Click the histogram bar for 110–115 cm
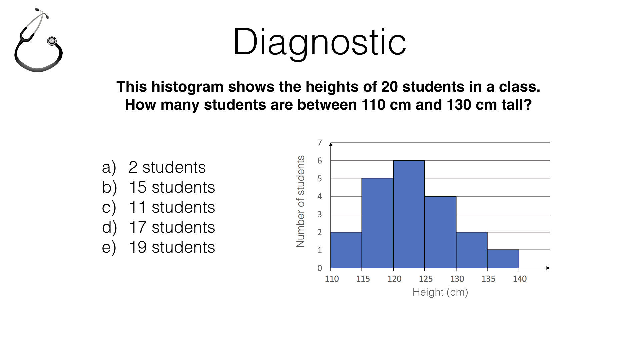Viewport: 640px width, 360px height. point(346,250)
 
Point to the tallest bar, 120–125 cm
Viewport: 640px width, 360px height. point(409,214)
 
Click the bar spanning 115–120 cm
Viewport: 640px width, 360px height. point(378,223)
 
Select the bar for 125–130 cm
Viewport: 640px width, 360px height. point(440,232)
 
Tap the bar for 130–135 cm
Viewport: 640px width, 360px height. point(472,250)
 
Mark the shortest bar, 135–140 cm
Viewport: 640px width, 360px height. point(503,259)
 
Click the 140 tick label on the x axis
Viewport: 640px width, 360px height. point(520,279)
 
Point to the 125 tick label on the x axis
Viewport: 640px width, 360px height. point(426,279)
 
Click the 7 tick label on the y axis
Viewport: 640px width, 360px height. point(320,143)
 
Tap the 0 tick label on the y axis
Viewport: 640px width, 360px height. point(320,268)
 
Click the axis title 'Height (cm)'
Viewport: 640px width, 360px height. point(440,292)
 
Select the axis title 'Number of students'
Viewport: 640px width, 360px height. point(301,201)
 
